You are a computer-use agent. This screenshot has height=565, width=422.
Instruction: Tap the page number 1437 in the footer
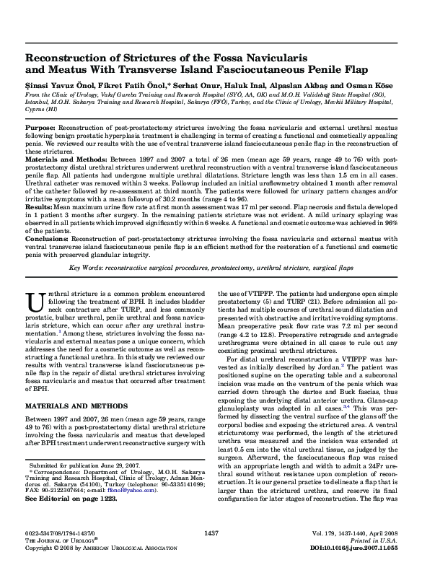(x=211, y=533)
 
